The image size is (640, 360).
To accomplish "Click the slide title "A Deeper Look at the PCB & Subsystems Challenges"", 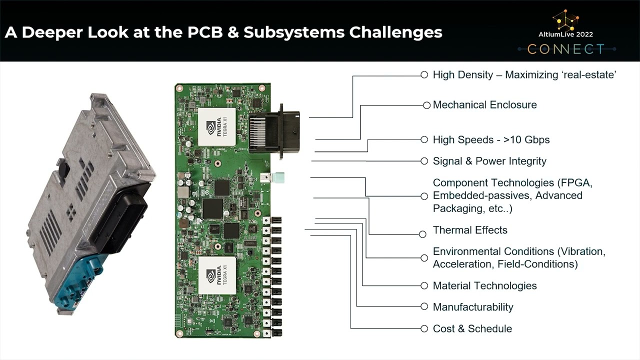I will (223, 32).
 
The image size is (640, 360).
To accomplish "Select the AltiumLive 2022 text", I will (566, 34).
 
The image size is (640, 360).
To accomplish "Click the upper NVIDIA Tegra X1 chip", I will (217, 126).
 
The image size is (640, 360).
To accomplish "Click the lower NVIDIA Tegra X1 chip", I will (217, 274).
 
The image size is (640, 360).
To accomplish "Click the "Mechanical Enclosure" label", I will (484, 105).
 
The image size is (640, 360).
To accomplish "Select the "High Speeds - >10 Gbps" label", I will (491, 140).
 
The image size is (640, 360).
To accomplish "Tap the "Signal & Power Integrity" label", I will (489, 161).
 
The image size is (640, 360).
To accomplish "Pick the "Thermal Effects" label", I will (470, 230).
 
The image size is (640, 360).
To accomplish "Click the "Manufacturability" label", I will (473, 307).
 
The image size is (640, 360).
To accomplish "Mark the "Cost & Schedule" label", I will (472, 328).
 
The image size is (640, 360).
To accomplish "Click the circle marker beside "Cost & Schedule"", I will (424, 328).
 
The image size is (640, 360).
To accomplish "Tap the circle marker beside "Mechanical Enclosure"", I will (426, 105).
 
